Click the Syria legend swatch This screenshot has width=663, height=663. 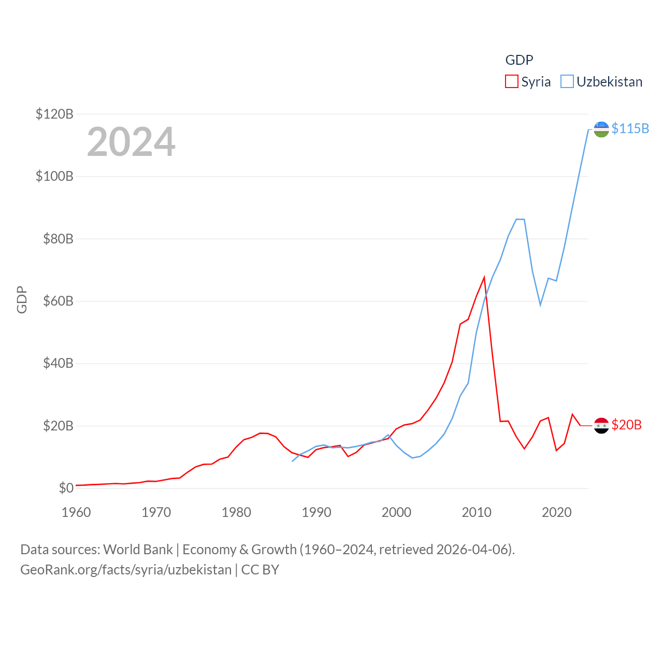(512, 82)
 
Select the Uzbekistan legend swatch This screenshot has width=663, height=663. (567, 82)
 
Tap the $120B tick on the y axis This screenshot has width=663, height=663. (54, 114)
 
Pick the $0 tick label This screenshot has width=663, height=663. (66, 488)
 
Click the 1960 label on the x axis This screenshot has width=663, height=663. (76, 512)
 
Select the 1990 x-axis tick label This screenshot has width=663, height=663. (316, 512)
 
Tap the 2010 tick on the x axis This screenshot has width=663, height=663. (477, 512)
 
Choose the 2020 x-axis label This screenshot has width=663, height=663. (557, 512)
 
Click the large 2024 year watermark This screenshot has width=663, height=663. (131, 142)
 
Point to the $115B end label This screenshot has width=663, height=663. (630, 128)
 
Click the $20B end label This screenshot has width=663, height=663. (626, 425)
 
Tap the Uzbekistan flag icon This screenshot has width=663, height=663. (601, 129)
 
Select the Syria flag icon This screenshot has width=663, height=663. (601, 426)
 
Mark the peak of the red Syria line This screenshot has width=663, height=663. (484, 278)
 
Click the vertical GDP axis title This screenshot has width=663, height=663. (22, 299)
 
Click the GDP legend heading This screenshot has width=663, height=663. (519, 60)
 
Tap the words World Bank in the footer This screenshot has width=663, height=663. (138, 549)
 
